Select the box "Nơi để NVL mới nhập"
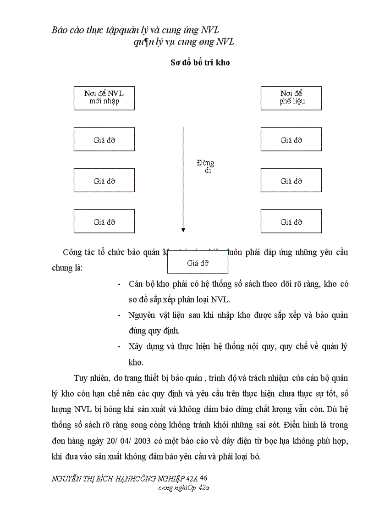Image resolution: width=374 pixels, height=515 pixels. pyautogui.click(x=104, y=98)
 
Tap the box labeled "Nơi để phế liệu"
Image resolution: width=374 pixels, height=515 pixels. pyautogui.click(x=291, y=98)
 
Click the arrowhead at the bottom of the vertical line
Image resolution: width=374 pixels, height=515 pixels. pyautogui.click(x=183, y=229)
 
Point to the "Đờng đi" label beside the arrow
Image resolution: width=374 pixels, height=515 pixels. pyautogui.click(x=205, y=166)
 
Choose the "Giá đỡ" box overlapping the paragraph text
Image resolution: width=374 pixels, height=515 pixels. pyautogui.click(x=198, y=263)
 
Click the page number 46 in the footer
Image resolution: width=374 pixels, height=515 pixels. pyautogui.click(x=204, y=478)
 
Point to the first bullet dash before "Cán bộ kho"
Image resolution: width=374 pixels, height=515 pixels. pyautogui.click(x=119, y=284)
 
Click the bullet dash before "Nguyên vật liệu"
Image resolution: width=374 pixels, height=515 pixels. pyautogui.click(x=119, y=316)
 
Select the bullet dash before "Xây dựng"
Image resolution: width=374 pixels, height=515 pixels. pyautogui.click(x=119, y=347)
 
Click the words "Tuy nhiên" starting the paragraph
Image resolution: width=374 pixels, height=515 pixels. pyautogui.click(x=91, y=378)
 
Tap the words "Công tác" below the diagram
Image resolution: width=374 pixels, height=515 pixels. pyautogui.click(x=78, y=252)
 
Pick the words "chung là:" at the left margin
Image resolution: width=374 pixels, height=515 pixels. pyautogui.click(x=67, y=268)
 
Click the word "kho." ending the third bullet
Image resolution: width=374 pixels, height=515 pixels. pyautogui.click(x=136, y=362)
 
